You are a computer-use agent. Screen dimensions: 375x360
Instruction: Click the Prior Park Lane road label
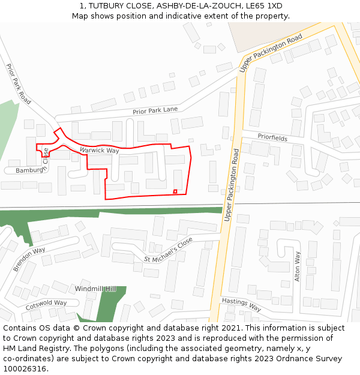click(155, 110)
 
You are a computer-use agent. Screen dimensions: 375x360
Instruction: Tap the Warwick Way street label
click(99, 150)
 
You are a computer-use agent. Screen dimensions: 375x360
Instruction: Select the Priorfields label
click(272, 138)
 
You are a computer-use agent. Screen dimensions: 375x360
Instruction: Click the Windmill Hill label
click(95, 289)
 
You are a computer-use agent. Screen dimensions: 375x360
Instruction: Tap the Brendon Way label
click(29, 259)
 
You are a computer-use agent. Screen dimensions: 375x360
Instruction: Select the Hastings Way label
click(241, 305)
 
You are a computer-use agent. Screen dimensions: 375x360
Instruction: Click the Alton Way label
click(298, 266)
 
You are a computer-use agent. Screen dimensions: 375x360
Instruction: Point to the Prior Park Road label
click(19, 84)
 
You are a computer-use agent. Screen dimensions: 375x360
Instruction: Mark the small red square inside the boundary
click(175, 191)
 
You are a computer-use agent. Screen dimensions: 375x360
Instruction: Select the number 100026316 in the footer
click(25, 369)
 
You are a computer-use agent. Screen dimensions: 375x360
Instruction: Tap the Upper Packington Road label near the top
click(271, 53)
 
